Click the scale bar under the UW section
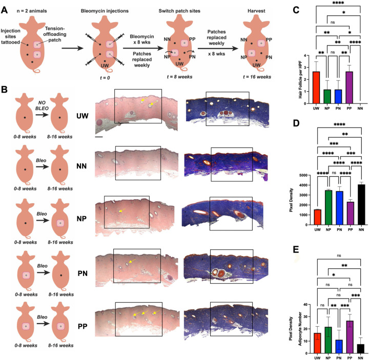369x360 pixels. pyautogui.click(x=98, y=136)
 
